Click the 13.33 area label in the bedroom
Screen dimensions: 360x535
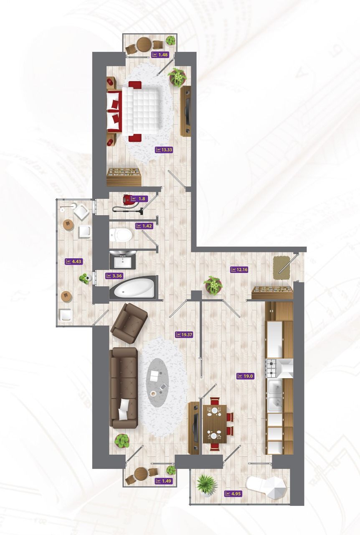[x=164, y=150]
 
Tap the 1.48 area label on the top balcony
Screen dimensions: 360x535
[x=160, y=55]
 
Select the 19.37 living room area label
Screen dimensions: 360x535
[x=184, y=335]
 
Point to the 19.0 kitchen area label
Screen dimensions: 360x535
[x=245, y=376]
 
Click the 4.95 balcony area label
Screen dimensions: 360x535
[x=233, y=493]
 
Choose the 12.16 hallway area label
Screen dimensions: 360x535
[x=239, y=270]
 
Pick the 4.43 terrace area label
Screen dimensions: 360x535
[x=74, y=262]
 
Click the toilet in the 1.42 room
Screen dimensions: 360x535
[x=121, y=235]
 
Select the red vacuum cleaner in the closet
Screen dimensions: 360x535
[x=129, y=203]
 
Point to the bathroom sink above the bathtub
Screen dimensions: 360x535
[x=123, y=260]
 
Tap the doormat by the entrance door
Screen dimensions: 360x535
[x=282, y=268]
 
